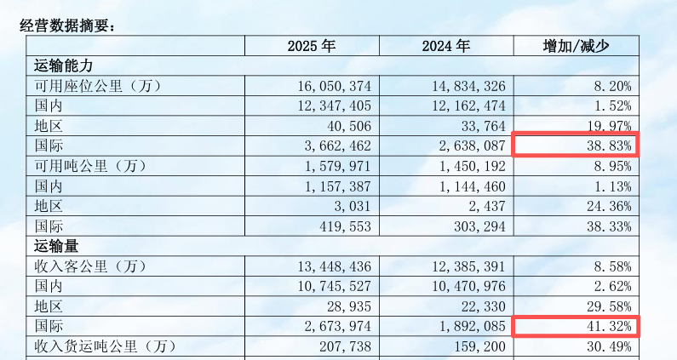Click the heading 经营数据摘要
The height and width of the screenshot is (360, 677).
click(x=66, y=26)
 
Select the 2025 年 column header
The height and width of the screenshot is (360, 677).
click(x=312, y=46)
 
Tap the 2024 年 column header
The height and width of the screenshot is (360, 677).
click(x=445, y=46)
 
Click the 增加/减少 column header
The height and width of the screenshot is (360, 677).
click(x=577, y=46)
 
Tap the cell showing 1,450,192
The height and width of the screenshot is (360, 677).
click(x=468, y=166)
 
